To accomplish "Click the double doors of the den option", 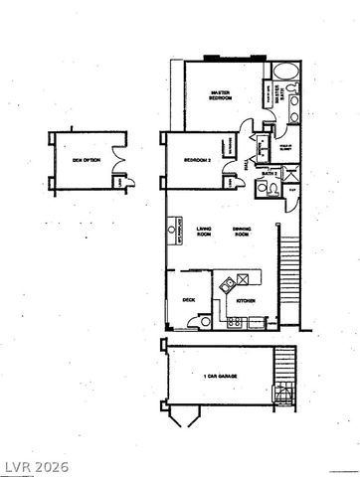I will click(x=119, y=157).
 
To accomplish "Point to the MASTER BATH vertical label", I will click(x=280, y=96).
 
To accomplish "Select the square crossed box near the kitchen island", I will click(x=227, y=280).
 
